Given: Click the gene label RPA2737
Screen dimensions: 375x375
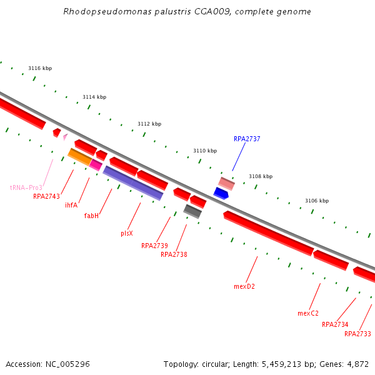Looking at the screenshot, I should point(247,139).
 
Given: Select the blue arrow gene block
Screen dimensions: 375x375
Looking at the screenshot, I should point(221,193).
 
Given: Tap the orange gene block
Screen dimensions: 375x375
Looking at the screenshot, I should point(79,156).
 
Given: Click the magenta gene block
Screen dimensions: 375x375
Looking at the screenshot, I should point(96,164).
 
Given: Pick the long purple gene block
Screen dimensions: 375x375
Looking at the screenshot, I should point(132,182).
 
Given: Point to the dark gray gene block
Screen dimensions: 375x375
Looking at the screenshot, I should point(192,211).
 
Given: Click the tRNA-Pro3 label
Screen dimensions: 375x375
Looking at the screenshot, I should point(26,187).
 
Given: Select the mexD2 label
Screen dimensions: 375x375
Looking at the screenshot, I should point(244,286).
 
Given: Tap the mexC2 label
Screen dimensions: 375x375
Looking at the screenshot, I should point(308,313).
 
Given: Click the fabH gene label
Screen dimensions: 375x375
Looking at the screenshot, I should point(92,216).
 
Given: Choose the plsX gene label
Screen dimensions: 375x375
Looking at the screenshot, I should point(127,233).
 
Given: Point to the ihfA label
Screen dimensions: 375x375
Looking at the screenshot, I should point(71,205).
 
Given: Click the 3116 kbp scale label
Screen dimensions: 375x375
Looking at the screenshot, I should point(40,68).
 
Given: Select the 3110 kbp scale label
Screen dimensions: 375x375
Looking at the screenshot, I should point(205,151).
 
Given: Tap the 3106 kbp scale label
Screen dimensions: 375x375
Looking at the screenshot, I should point(317,201).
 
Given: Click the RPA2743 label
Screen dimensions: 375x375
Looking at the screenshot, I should point(46,196).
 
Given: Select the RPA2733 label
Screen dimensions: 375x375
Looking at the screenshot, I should point(357,334).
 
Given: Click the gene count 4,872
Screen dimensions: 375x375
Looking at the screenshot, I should point(357,364).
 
